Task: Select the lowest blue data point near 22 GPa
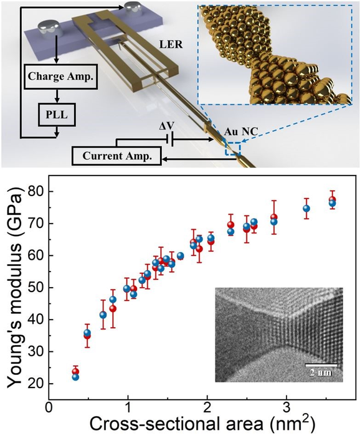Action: pyautogui.click(x=75, y=377)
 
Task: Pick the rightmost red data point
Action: pyautogui.click(x=332, y=200)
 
